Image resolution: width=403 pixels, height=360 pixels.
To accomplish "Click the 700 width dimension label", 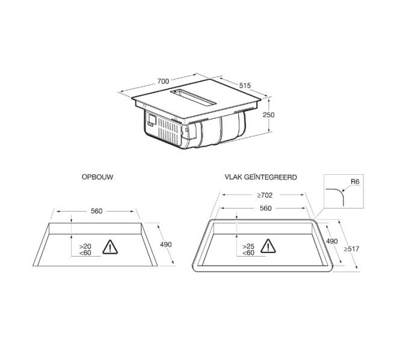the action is coord(163,81).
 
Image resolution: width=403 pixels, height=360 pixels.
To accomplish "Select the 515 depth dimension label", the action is coord(245,85).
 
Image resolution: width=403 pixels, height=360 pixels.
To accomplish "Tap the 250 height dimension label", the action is coord(269,115).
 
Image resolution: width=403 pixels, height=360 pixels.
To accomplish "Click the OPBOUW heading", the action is coord(97,177).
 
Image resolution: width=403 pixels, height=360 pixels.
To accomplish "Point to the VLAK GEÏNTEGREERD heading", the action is coord(260,177).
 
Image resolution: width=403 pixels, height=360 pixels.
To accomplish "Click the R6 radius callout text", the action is coord(355,182).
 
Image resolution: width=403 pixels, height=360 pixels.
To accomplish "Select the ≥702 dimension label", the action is coord(265,195).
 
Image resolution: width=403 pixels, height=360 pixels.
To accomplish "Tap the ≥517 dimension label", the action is coord(352,249).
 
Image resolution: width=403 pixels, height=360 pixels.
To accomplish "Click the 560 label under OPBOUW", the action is coord(97,211).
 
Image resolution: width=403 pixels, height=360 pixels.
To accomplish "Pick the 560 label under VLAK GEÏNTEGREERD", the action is coord(265,208).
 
